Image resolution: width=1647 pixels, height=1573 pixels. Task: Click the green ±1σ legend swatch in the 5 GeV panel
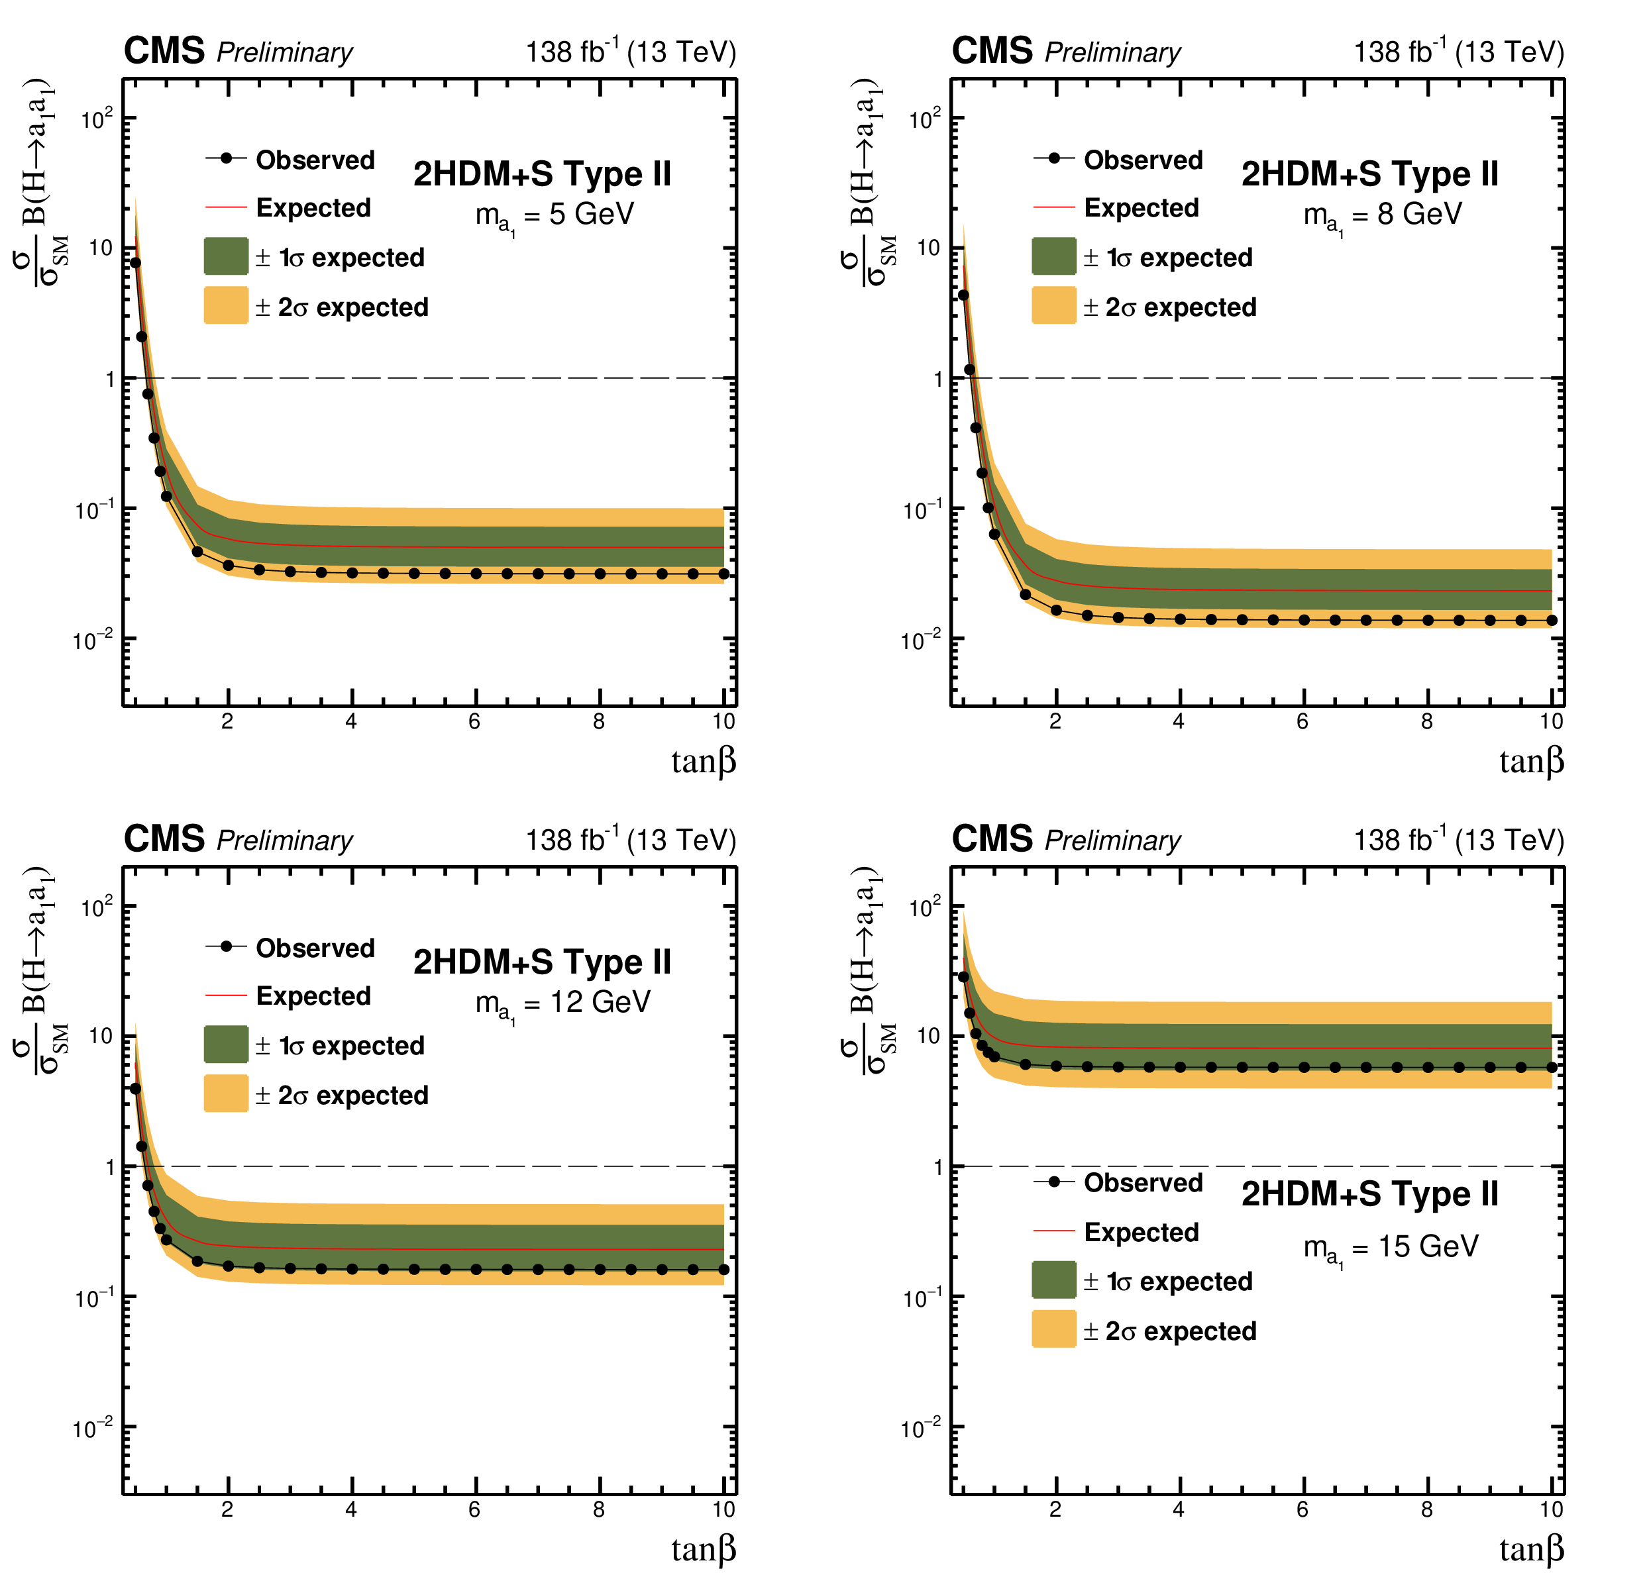[x=225, y=256]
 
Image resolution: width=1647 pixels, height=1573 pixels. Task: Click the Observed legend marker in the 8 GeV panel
[x=1054, y=158]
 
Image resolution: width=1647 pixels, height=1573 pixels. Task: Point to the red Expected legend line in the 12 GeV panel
[x=225, y=995]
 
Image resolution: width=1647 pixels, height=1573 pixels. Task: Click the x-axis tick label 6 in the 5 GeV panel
[x=474, y=721]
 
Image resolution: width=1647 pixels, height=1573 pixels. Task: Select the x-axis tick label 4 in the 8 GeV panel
[x=1178, y=721]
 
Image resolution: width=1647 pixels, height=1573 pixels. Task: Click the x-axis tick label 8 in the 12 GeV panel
[x=599, y=1509]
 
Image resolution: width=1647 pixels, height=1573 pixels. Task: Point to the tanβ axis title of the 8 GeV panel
[x=1531, y=762]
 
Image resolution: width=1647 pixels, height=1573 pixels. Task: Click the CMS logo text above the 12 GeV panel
[x=164, y=838]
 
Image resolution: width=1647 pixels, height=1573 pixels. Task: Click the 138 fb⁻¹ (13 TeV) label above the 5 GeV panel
[x=631, y=52]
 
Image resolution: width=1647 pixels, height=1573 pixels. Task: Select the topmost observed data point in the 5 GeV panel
[x=135, y=262]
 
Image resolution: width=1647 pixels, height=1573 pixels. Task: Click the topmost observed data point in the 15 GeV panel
[x=963, y=977]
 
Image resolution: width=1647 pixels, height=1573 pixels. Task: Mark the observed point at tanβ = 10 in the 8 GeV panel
[x=1552, y=621]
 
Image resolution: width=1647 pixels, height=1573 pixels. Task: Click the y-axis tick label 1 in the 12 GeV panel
[x=110, y=1166]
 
